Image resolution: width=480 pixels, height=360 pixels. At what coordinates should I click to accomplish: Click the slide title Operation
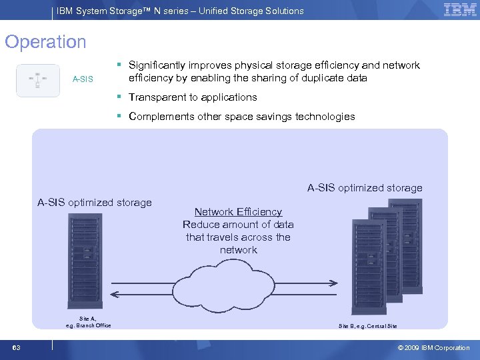click(45, 42)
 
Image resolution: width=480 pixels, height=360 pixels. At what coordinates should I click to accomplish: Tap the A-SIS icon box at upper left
click(38, 80)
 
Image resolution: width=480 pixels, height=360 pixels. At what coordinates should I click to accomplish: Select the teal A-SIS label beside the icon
click(83, 80)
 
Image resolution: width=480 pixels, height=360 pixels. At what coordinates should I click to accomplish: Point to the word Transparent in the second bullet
click(155, 97)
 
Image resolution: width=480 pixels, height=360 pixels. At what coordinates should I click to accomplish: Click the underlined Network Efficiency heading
click(238, 212)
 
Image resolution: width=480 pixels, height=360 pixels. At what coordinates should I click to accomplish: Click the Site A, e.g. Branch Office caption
click(88, 322)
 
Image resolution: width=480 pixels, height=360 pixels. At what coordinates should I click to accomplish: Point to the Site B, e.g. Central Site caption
click(367, 326)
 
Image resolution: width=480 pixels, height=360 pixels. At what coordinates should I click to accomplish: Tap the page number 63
click(16, 348)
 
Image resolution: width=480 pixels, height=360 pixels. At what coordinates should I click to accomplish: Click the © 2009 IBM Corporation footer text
click(433, 348)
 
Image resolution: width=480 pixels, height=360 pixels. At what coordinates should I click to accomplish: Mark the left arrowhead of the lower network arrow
click(113, 295)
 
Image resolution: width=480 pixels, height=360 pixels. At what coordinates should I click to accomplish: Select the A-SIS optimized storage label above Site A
click(95, 203)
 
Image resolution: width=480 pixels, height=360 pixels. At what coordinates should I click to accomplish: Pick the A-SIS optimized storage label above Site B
click(365, 188)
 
